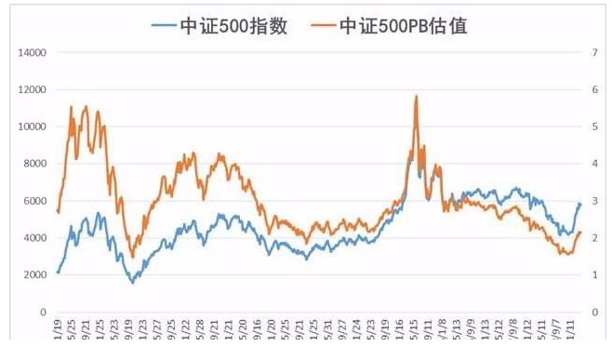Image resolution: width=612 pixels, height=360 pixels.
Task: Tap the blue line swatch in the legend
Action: pyautogui.click(x=166, y=26)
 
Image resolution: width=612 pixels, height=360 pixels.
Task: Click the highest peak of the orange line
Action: pyautogui.click(x=416, y=96)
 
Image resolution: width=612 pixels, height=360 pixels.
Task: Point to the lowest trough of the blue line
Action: pyautogui.click(x=132, y=282)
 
